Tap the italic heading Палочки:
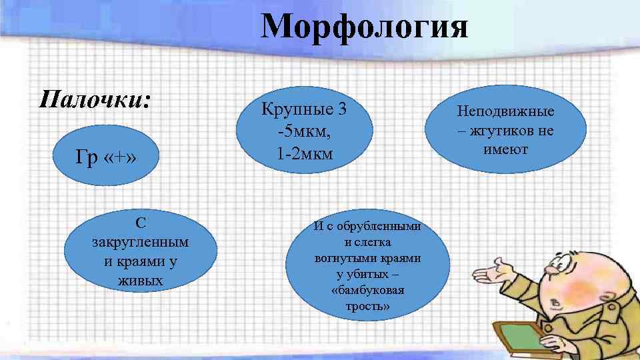point(95,100)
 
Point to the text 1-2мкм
point(305,154)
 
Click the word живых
point(140,281)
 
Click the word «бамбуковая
point(367,291)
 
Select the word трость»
point(367,307)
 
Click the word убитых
point(367,274)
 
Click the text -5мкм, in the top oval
point(304,131)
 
